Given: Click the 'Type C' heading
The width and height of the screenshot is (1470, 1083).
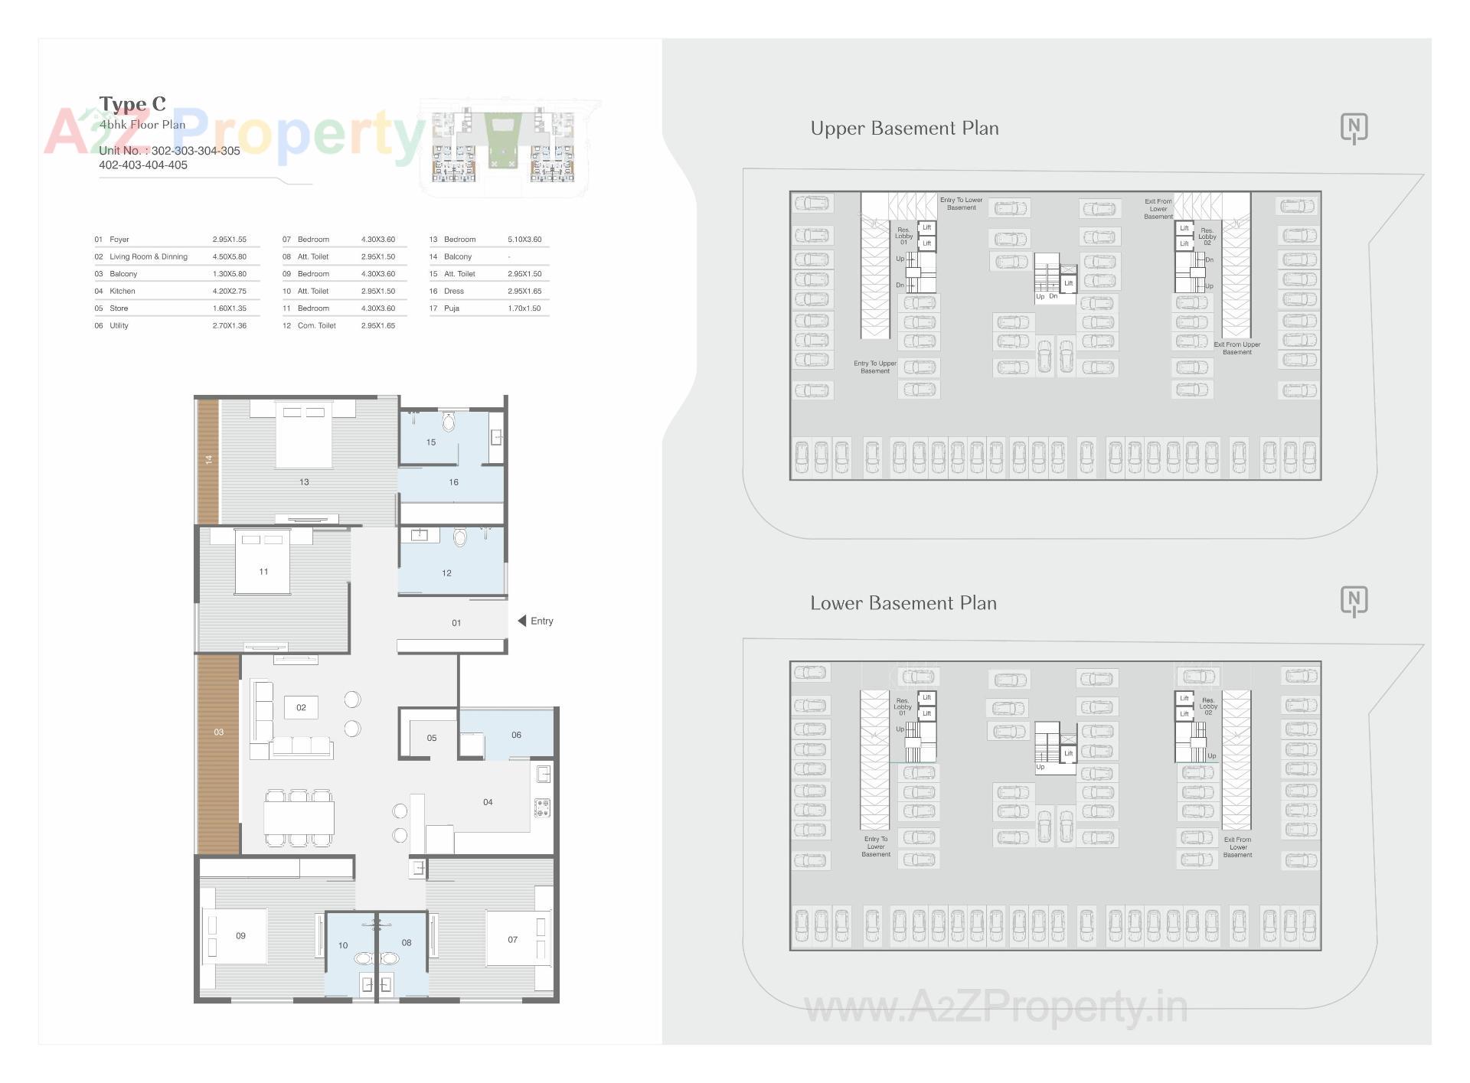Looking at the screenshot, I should pyautogui.click(x=132, y=104).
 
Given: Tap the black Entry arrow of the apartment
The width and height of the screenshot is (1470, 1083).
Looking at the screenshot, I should pyautogui.click(x=521, y=621).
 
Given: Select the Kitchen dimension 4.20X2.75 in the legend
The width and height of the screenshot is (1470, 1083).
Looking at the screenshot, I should pyautogui.click(x=229, y=291).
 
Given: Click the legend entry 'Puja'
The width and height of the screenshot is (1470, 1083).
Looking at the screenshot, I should pyautogui.click(x=452, y=308).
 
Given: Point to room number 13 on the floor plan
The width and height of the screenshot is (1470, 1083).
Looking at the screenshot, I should pyautogui.click(x=304, y=482).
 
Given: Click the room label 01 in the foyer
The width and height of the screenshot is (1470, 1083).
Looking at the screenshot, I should pyautogui.click(x=456, y=623).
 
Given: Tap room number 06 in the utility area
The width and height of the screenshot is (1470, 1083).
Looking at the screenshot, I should pyautogui.click(x=516, y=735).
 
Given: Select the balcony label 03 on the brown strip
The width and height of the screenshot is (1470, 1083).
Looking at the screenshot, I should pyautogui.click(x=219, y=732).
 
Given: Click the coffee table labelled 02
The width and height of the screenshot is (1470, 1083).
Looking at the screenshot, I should pyautogui.click(x=301, y=708).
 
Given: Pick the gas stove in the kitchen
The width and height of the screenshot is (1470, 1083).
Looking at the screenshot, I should pyautogui.click(x=543, y=807).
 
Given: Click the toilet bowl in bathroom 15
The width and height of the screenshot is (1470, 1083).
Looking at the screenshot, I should pyautogui.click(x=449, y=421).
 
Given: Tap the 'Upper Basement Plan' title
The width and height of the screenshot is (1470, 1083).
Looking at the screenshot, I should pyautogui.click(x=904, y=129).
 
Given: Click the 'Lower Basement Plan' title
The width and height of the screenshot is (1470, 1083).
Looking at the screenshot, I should pyautogui.click(x=903, y=603).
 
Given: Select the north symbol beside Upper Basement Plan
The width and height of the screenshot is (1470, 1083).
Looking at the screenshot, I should pyautogui.click(x=1354, y=128).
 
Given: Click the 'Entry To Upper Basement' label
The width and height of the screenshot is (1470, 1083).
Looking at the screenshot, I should pyautogui.click(x=875, y=367).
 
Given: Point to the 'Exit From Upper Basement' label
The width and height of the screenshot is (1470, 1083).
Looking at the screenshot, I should pyautogui.click(x=1236, y=348).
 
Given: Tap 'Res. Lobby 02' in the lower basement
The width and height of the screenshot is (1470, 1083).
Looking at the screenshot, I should pyautogui.click(x=1207, y=706).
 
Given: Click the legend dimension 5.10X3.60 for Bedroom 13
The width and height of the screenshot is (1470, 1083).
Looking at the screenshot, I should pyautogui.click(x=524, y=240).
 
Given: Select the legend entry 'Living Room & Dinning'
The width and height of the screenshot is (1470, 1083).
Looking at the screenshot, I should pyautogui.click(x=149, y=257).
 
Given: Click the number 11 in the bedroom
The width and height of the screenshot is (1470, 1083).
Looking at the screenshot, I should pyautogui.click(x=263, y=572).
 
